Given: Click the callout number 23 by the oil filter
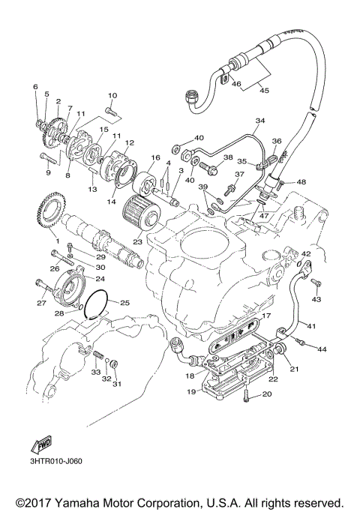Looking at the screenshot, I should pyautogui.click(x=137, y=242).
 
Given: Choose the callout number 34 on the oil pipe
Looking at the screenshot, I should pyautogui.click(x=260, y=121).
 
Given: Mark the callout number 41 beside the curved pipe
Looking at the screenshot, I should pyautogui.click(x=310, y=325).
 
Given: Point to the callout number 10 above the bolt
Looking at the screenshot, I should pyautogui.click(x=112, y=95).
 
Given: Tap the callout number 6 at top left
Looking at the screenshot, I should pyautogui.click(x=34, y=88).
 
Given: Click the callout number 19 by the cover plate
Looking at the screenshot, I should pyautogui.click(x=192, y=391).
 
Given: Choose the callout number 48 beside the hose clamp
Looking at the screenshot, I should pyautogui.click(x=301, y=182).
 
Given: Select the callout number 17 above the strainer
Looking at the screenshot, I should pyautogui.click(x=265, y=317).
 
